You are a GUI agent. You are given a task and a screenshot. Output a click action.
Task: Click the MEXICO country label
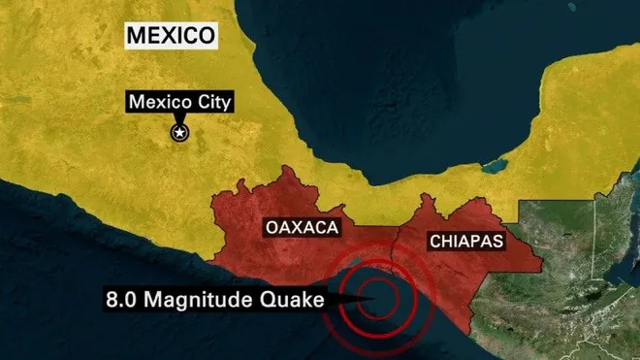[x=170, y=37]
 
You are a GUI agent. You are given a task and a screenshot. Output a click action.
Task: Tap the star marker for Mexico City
[x=179, y=133]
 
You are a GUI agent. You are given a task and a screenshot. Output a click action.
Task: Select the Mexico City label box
[x=179, y=102]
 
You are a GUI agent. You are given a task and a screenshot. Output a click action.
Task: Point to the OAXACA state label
[x=300, y=228]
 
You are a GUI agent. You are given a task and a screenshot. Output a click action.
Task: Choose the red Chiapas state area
[x=485, y=267]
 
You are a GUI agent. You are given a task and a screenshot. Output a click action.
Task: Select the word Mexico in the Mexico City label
[x=160, y=102]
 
